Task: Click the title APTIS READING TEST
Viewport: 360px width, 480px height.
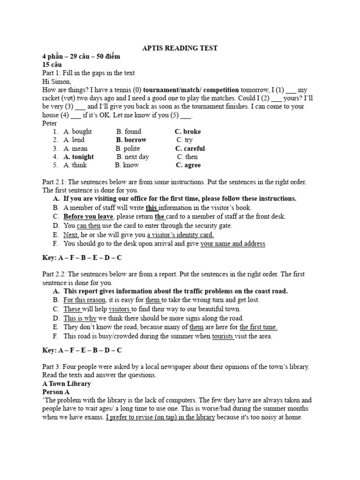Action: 180,48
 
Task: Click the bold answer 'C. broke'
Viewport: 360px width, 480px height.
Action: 187,132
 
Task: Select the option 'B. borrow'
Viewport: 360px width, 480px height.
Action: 131,140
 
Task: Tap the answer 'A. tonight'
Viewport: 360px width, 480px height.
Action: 78,157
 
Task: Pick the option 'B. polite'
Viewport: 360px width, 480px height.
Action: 128,149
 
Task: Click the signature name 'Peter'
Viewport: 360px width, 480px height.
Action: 50,123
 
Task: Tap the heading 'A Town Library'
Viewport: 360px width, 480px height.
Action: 67,384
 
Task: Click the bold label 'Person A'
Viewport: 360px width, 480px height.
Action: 56,392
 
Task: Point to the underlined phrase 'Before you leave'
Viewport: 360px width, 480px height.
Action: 88,217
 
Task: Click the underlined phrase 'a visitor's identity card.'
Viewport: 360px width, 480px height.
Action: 180,235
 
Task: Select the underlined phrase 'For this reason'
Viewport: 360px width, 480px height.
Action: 85,300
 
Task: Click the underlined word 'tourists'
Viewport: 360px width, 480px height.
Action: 224,336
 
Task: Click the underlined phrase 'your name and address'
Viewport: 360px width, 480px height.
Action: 233,244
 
